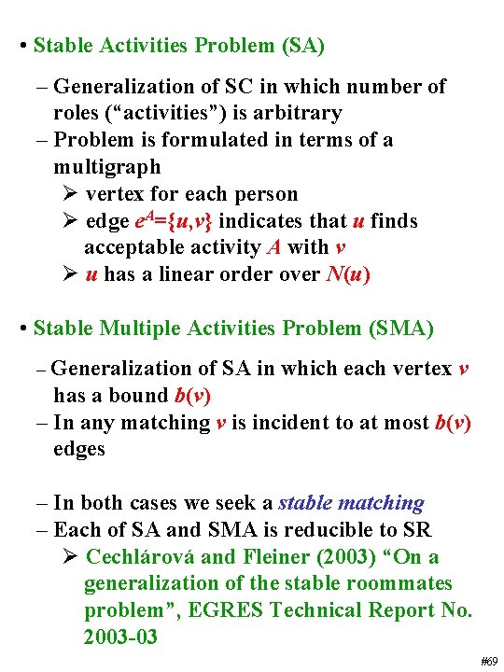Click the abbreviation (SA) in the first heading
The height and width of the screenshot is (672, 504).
301,45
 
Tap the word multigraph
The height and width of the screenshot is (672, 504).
107,167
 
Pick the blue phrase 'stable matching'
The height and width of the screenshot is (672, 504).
351,503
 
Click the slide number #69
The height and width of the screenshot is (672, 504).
488,661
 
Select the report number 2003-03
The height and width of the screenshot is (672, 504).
120,637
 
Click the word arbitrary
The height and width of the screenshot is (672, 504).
301,113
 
